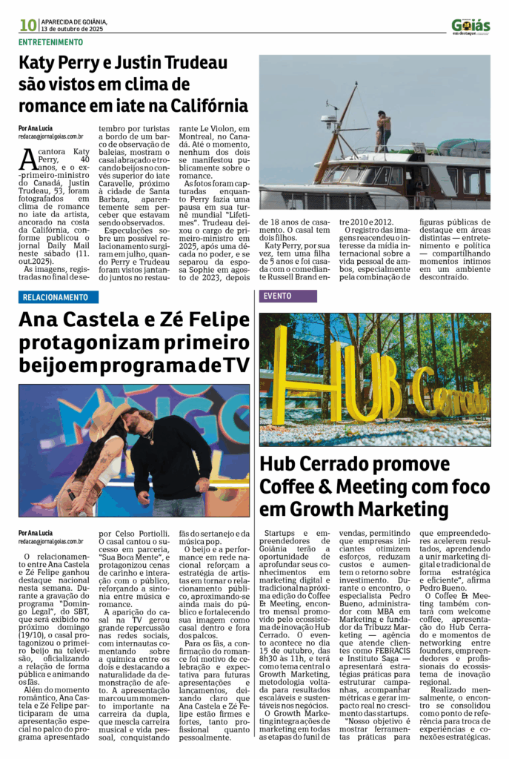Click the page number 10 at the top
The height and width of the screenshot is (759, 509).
click(28, 25)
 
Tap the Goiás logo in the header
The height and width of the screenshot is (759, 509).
click(470, 26)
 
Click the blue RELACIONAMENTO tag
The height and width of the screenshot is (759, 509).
click(56, 297)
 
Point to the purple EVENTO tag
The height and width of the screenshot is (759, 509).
click(277, 296)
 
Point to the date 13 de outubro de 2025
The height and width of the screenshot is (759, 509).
click(73, 29)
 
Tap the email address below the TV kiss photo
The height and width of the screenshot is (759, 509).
click(51, 541)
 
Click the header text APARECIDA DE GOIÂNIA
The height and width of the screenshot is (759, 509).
click(75, 21)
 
